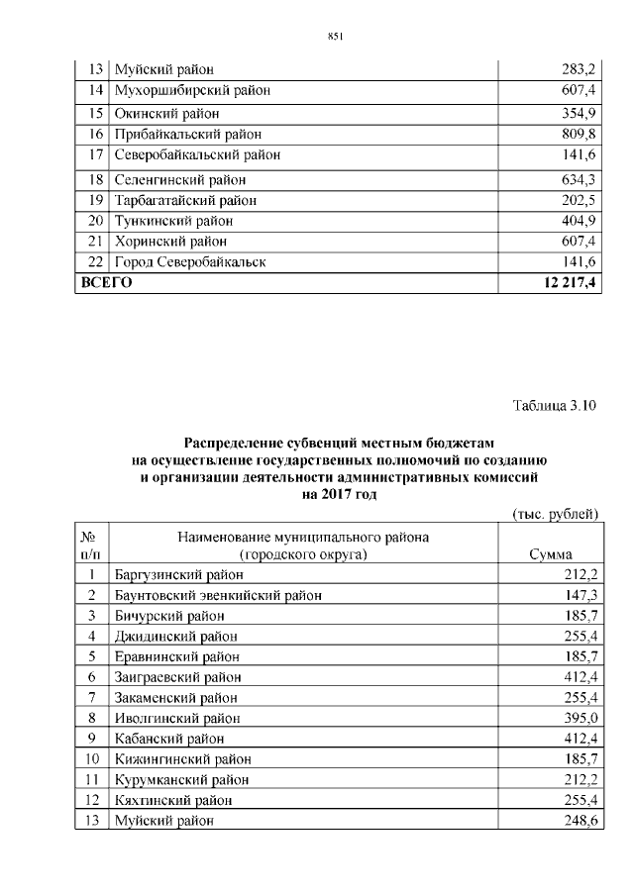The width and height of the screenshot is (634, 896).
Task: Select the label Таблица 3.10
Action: [x=556, y=406]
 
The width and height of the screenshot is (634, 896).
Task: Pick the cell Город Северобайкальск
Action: [x=190, y=261]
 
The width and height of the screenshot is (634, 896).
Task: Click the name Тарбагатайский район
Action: [x=185, y=199]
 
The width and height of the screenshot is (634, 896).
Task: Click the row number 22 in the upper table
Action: [x=95, y=261]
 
